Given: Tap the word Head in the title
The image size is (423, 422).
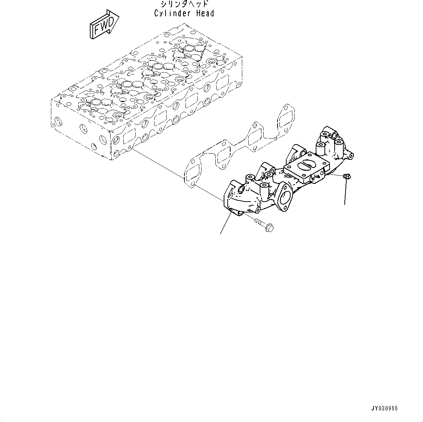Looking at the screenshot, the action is click(205, 14).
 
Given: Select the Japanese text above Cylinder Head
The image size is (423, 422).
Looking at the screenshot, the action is click(184, 4).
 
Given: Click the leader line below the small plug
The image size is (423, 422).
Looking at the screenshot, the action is click(345, 192).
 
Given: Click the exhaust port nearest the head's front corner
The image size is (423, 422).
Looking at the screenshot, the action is click(129, 137).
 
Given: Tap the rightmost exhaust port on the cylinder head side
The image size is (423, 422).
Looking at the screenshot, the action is click(223, 83).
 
